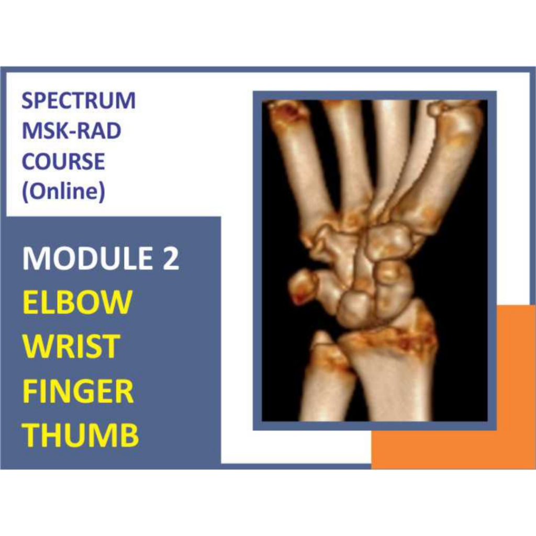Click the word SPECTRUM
pos(79,100)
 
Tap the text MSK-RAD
pos(71,131)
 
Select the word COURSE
pos(63,162)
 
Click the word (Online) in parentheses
pos(63,192)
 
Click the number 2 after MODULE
pos(170,259)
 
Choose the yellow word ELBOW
pos(77,303)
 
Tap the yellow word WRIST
pos(72,346)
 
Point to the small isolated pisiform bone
pos(303,286)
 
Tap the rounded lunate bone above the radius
pos(356,309)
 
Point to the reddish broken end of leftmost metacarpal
pos(287,111)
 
